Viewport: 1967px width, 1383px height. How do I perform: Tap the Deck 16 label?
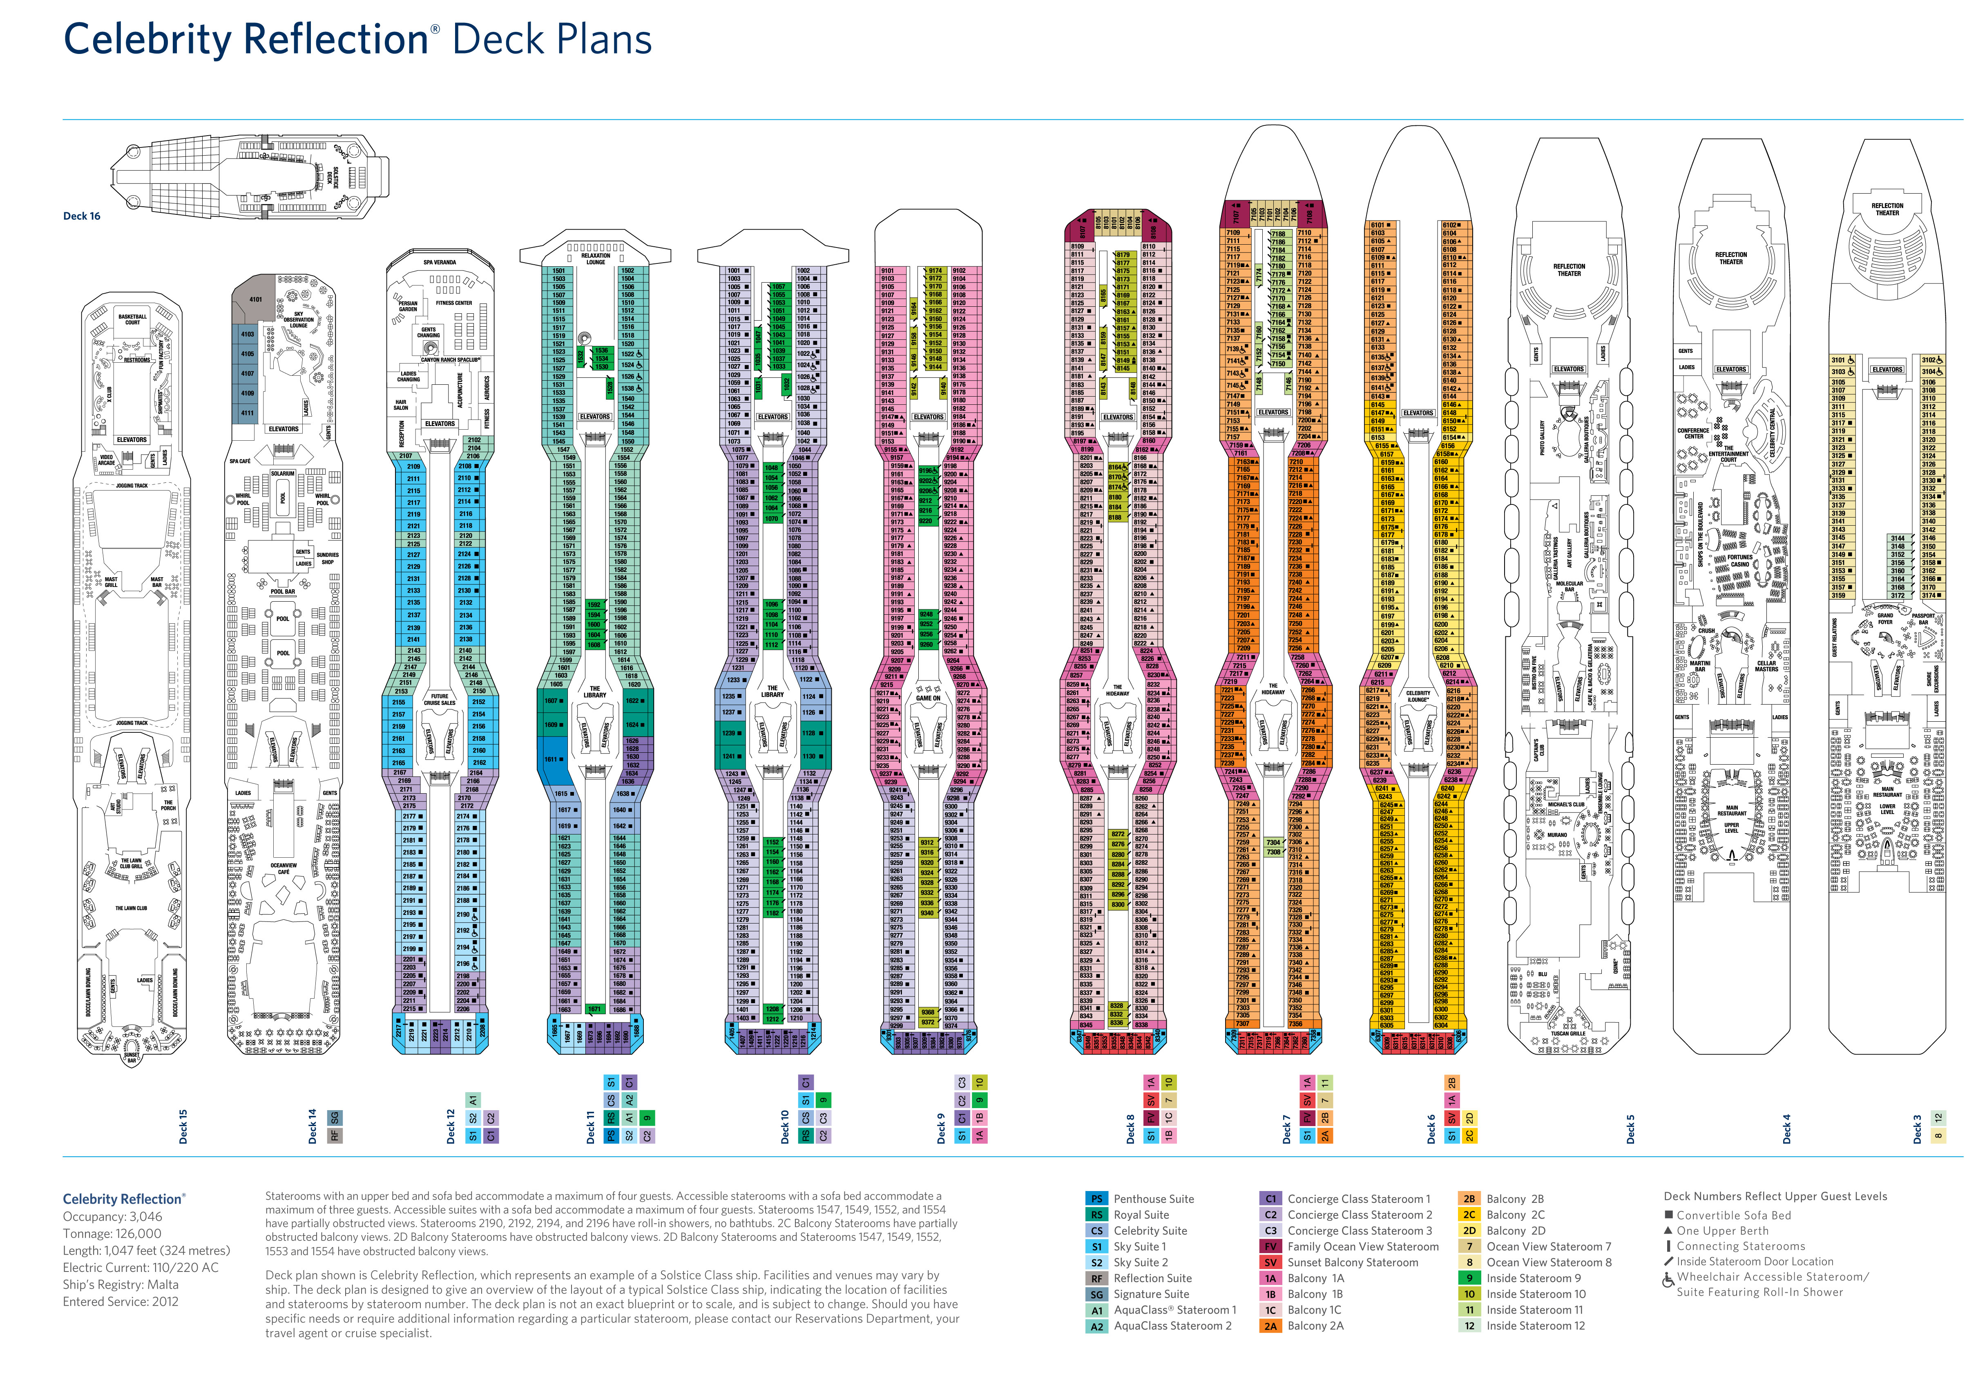(81, 216)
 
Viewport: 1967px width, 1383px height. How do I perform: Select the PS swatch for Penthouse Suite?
(1096, 1199)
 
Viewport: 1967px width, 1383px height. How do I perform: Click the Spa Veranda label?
(440, 262)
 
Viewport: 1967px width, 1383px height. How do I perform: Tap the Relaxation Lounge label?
(596, 259)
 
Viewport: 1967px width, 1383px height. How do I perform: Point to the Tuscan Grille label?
(1568, 1034)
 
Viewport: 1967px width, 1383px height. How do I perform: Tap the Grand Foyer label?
(1885, 618)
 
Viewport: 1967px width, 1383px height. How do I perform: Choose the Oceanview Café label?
(284, 868)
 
